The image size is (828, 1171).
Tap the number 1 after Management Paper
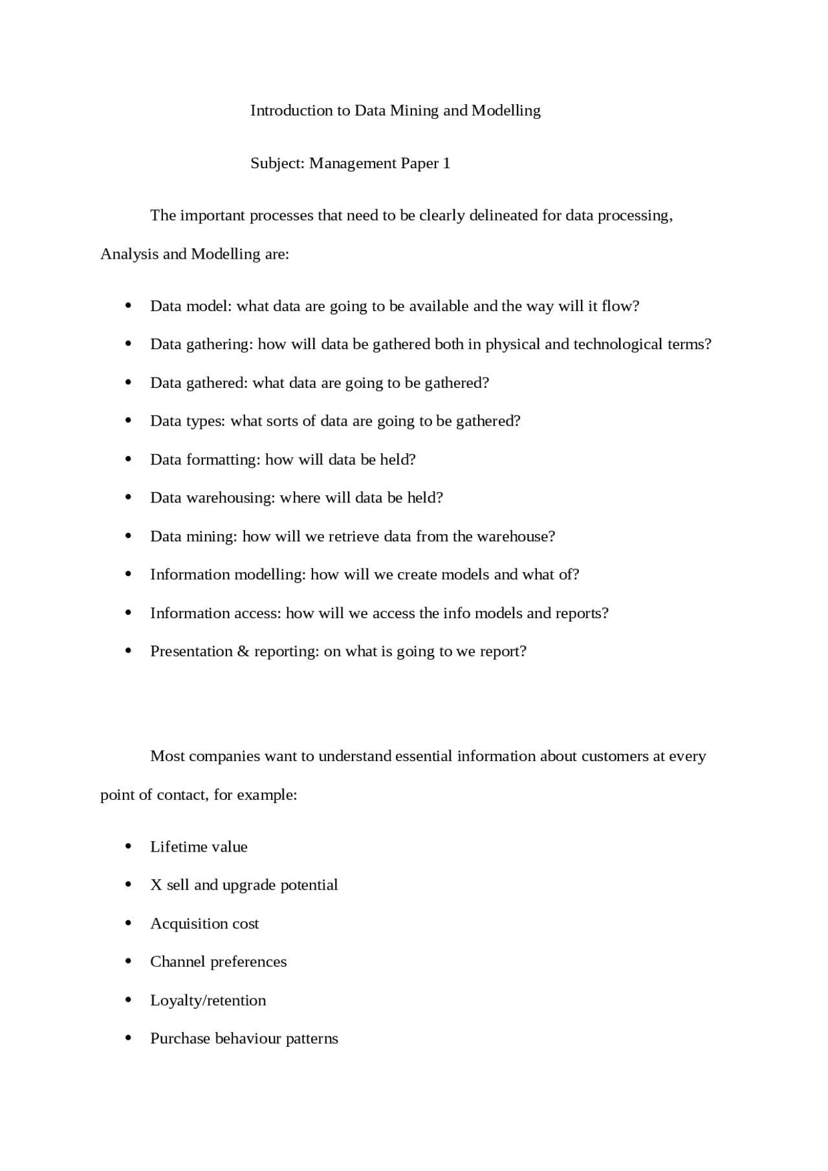click(x=446, y=163)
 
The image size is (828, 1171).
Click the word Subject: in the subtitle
click(x=277, y=163)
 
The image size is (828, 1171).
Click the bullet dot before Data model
click(x=128, y=306)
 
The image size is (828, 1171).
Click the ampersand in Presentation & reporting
click(x=243, y=651)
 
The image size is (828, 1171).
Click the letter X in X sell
click(x=156, y=885)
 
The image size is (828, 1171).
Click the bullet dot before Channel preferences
click(x=128, y=962)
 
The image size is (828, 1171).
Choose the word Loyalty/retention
click(x=208, y=1000)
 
